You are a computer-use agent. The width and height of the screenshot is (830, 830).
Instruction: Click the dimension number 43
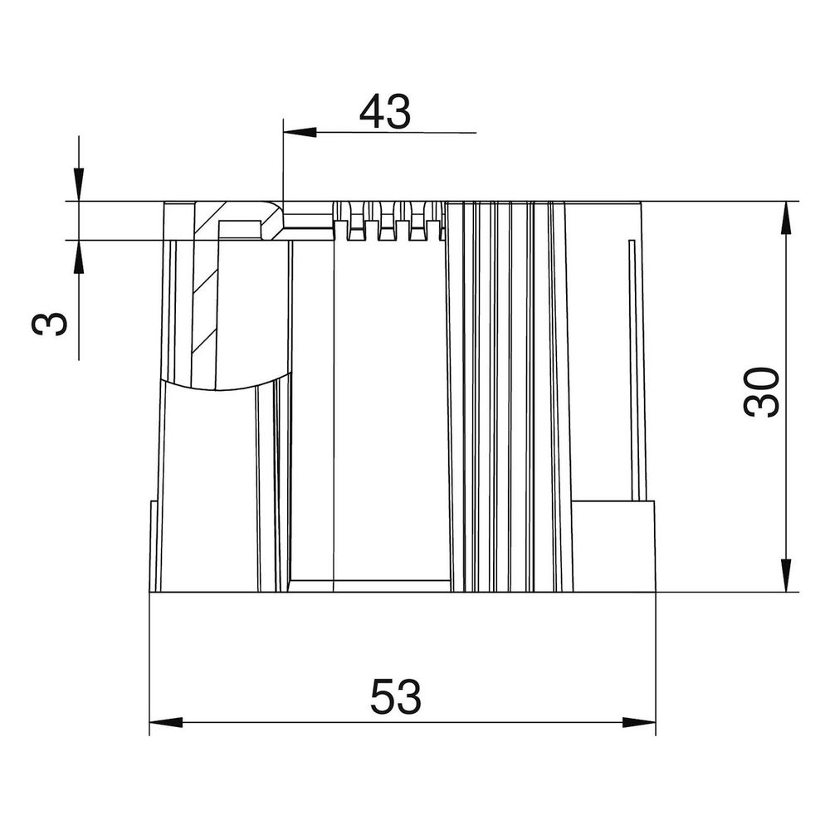tap(385, 112)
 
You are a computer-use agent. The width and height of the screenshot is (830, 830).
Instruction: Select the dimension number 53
tap(396, 696)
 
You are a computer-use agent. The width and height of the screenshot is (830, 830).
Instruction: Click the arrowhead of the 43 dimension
tap(300, 132)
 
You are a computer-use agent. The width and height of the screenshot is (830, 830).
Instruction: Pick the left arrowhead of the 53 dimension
tap(166, 722)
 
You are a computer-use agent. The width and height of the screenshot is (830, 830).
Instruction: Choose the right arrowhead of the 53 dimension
tap(639, 722)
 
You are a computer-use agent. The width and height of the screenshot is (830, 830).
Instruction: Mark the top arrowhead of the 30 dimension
tap(786, 218)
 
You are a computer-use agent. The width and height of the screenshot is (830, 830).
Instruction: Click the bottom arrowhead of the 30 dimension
tap(786, 575)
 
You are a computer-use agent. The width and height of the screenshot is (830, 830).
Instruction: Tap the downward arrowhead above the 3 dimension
tap(78, 185)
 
